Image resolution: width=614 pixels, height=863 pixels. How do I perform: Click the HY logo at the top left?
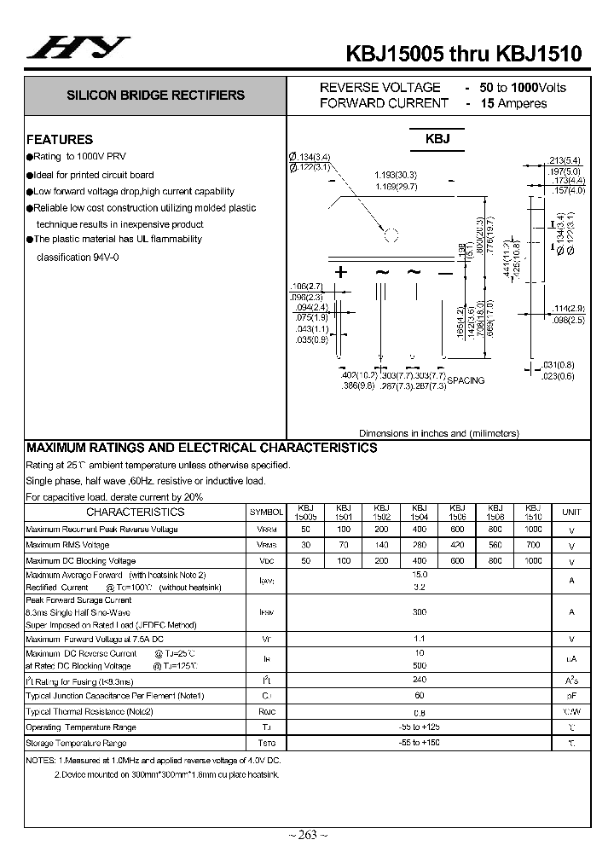point(78,48)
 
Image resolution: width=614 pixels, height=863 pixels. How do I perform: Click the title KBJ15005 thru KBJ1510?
point(464,53)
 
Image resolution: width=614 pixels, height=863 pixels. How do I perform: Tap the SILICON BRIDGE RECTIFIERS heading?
point(156,96)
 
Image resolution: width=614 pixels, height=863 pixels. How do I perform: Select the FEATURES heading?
point(60,139)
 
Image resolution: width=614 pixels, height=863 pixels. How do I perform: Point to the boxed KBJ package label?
point(437,139)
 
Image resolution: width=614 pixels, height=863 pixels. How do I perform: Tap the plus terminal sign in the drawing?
point(342,273)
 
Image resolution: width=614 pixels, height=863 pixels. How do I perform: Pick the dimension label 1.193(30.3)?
point(395,175)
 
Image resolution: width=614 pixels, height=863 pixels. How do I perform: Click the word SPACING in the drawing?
point(465,380)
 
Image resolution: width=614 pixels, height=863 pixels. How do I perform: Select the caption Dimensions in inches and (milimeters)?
point(438,433)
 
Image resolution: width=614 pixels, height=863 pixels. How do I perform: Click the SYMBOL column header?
point(266,513)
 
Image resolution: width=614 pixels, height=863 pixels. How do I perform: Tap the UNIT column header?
point(571,513)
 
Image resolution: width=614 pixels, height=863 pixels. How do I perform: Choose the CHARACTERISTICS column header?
point(135,513)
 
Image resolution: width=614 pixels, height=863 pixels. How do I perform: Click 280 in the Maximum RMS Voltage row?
point(419,545)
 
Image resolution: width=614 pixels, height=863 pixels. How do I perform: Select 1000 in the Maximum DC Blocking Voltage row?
point(533,561)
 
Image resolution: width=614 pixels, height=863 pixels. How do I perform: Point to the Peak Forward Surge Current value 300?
point(419,612)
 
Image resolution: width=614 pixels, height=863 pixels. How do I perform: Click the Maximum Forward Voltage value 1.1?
point(419,638)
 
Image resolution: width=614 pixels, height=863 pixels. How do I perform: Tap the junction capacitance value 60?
point(419,696)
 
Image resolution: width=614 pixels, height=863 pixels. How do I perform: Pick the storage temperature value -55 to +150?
point(419,743)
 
